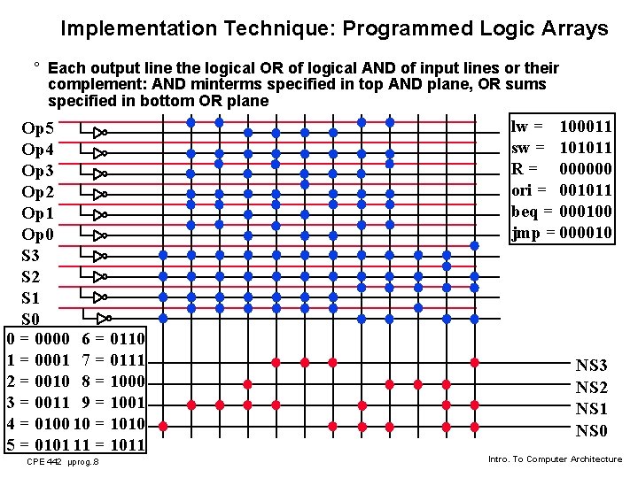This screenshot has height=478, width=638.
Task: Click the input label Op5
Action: [x=37, y=128]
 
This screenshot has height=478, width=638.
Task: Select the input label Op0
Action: [x=37, y=235]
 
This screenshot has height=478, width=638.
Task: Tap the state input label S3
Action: [x=31, y=256]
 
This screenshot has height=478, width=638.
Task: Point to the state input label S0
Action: [x=31, y=319]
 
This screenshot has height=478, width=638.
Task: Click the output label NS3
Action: [x=592, y=366]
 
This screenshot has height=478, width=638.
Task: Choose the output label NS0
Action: [x=592, y=432]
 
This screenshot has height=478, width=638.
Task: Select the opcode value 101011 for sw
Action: [x=587, y=149]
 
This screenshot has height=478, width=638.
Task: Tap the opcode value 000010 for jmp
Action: [x=587, y=233]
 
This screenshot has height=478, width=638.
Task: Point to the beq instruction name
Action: [x=525, y=212]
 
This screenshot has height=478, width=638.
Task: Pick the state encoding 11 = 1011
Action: [x=113, y=444]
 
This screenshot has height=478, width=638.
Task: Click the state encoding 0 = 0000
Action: [x=38, y=339]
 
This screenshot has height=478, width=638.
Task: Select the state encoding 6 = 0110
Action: [x=113, y=339]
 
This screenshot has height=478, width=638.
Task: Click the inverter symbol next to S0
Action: [x=104, y=318]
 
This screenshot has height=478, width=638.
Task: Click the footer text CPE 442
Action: [x=44, y=462]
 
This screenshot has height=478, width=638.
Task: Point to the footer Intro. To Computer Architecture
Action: [x=555, y=459]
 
